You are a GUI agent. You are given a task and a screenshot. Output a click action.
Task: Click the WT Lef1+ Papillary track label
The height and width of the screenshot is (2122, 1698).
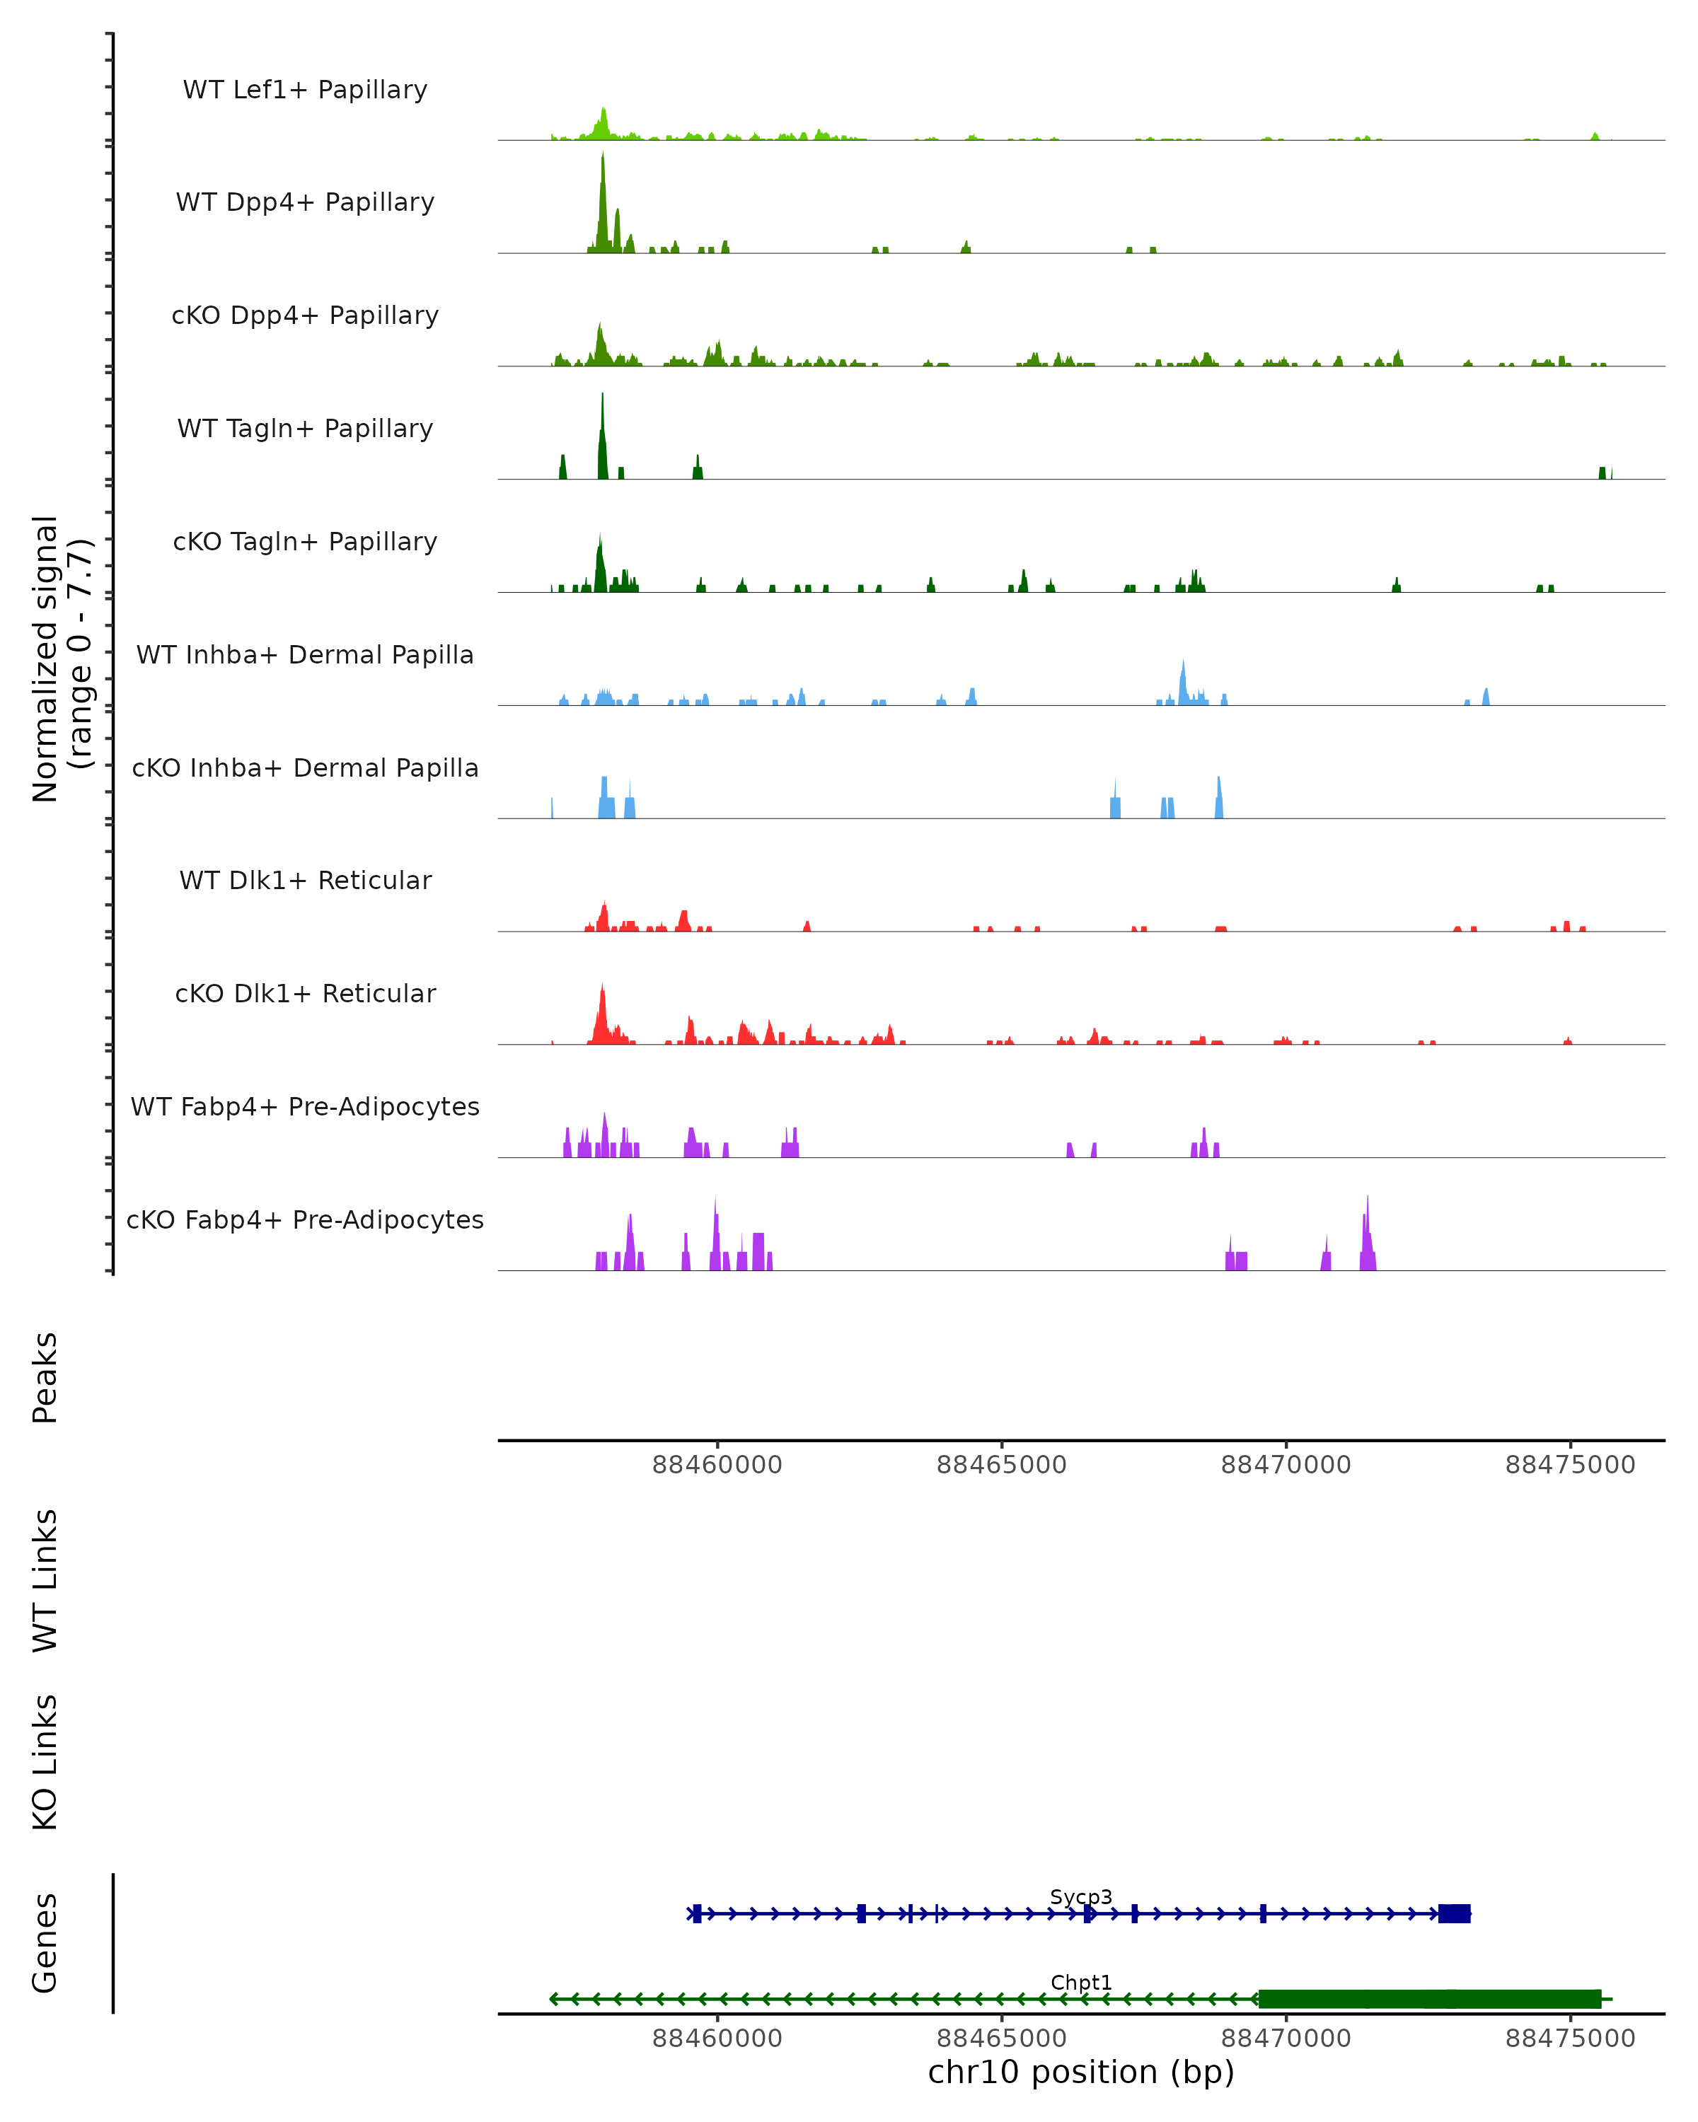point(305,90)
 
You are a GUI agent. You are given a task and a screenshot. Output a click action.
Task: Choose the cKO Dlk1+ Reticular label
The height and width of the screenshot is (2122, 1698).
point(305,993)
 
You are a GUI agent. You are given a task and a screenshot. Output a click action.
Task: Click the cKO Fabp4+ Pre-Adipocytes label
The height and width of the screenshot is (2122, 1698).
point(305,1219)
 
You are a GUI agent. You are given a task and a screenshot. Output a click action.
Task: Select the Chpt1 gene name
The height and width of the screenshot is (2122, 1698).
point(1081,1982)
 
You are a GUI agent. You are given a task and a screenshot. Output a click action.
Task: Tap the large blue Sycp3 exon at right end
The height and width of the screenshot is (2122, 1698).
point(1454,1913)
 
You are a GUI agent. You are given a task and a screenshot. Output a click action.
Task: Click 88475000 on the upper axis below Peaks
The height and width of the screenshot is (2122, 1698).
point(1570,1465)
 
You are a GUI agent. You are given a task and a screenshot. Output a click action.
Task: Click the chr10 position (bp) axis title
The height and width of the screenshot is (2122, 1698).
point(1081,2072)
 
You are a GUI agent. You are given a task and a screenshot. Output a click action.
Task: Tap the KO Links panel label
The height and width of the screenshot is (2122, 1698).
point(45,1762)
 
